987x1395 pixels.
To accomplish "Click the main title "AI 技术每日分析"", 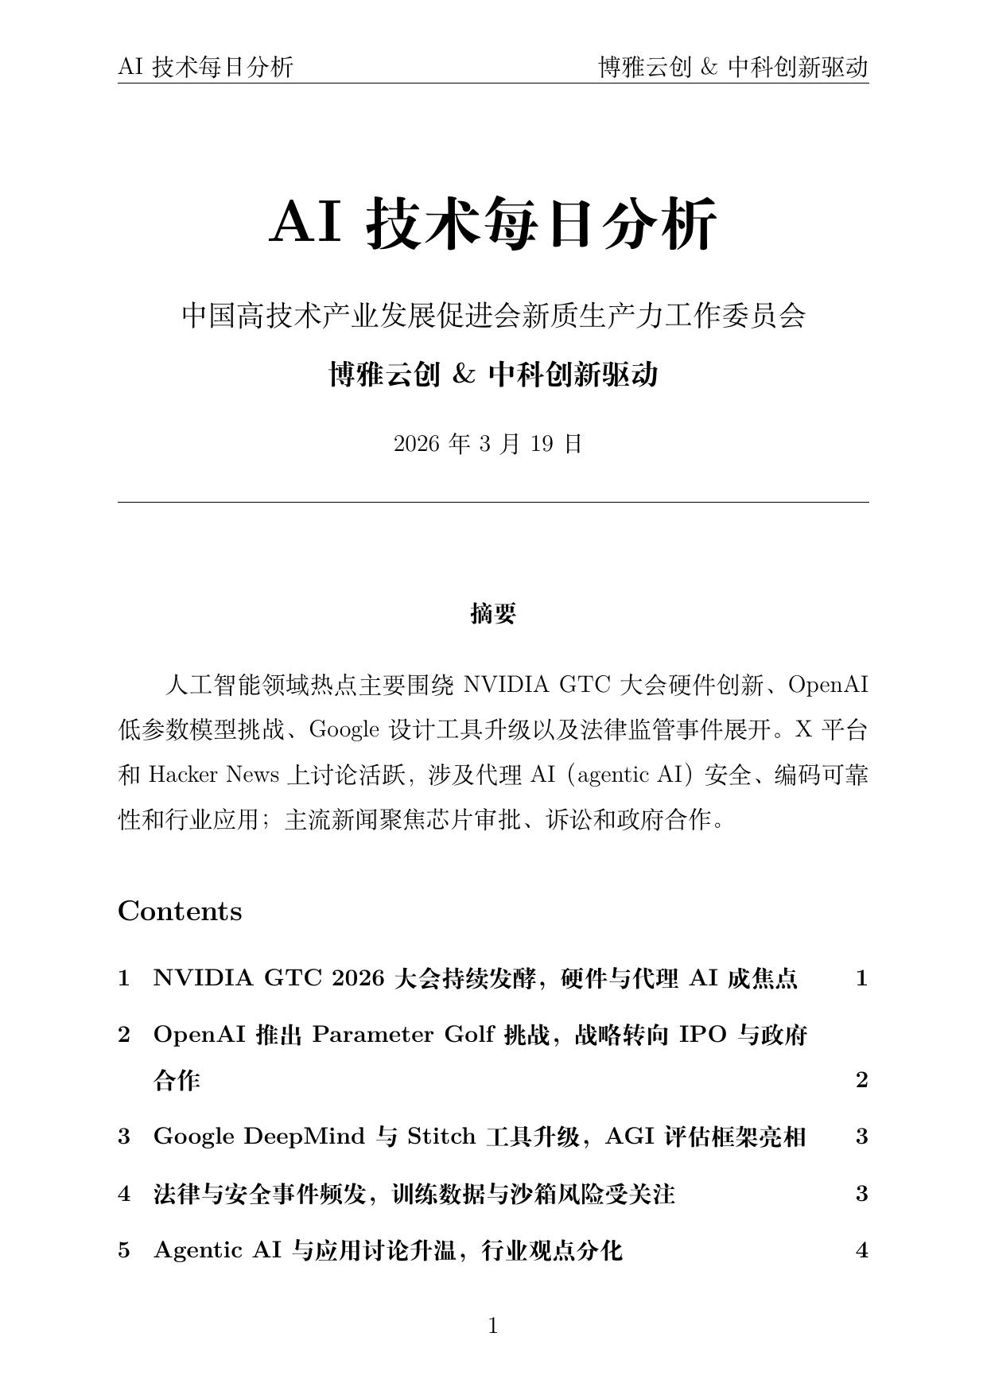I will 493,223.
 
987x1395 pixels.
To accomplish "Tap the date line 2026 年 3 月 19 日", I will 488,444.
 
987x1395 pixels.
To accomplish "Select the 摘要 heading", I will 493,613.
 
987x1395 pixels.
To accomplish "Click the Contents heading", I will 180,911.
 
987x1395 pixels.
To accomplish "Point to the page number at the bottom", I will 493,1326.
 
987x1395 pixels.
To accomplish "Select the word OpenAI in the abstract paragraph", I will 828,685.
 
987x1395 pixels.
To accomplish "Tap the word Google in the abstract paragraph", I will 344,729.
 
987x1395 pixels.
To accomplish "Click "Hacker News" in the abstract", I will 214,775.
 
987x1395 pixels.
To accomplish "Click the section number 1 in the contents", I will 124,978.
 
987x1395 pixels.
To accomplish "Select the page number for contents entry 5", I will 861,1250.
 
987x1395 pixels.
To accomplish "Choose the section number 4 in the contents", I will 124,1194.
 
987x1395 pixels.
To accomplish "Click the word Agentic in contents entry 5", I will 197,1251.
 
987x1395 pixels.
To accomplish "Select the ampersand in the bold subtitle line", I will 463,374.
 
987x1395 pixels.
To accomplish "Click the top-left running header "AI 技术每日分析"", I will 205,68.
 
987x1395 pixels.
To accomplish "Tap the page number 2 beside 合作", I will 861,1080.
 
